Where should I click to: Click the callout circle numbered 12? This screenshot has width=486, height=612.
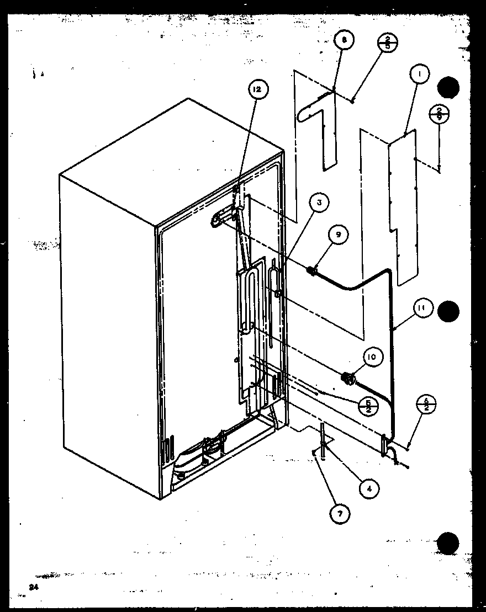[257, 89]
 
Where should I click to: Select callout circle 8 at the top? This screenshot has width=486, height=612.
[344, 40]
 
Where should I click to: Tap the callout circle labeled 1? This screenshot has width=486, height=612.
[419, 74]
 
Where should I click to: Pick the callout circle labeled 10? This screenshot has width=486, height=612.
[372, 357]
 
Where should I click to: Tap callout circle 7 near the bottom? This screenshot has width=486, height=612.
[340, 514]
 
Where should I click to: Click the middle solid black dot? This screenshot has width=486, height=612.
[448, 312]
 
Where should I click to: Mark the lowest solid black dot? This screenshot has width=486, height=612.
[448, 543]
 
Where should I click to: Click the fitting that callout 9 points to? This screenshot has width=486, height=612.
[311, 270]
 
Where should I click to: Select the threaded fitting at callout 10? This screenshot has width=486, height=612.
[348, 378]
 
